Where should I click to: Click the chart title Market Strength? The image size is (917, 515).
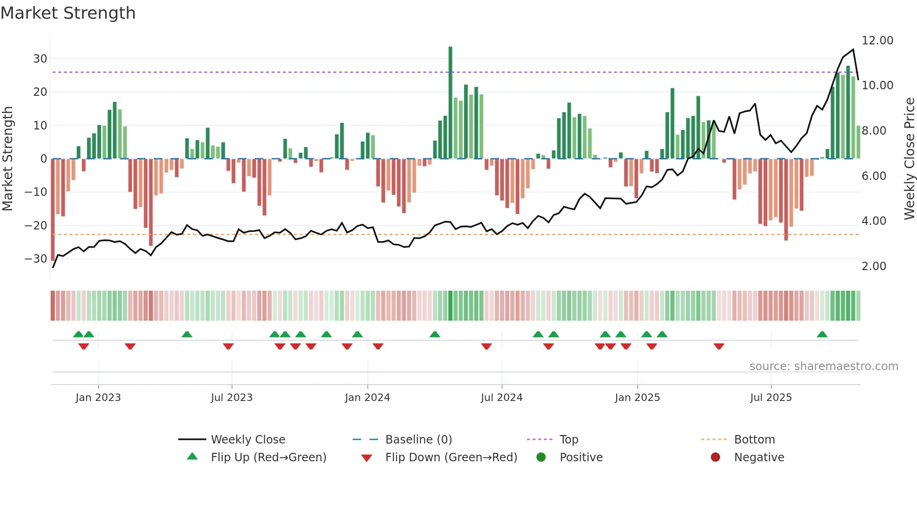coord(68,13)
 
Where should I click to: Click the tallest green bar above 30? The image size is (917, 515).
coord(450,102)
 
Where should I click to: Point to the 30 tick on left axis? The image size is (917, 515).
coord(40,59)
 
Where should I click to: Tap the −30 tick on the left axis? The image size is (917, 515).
coord(36,258)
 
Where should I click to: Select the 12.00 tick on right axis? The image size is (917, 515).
coord(877,41)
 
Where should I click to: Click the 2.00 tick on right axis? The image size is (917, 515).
coord(873,266)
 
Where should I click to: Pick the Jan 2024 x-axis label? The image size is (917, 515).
coord(367,398)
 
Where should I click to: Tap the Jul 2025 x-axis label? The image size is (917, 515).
coord(771,398)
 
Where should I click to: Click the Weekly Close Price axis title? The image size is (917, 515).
coord(909,158)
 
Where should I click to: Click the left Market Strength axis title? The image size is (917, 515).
coord(7,158)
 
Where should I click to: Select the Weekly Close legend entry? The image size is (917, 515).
coord(247,440)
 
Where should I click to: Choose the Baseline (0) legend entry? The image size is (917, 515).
coord(418,440)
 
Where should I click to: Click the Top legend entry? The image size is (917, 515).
coord(568,440)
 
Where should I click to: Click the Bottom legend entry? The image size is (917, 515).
coord(754,440)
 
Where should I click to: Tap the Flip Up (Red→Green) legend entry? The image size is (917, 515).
coord(268,458)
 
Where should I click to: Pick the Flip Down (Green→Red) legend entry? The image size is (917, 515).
coord(451,458)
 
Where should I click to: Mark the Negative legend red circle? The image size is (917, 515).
coord(715,458)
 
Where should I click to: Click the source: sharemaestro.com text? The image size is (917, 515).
coord(823,366)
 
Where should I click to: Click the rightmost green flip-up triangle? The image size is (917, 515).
coord(822,334)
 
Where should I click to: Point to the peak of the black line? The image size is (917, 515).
coord(853,50)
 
